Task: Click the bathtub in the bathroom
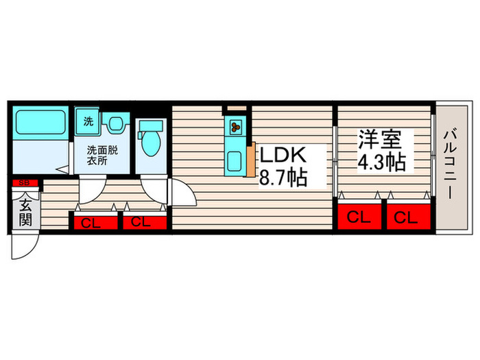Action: (x=40, y=124)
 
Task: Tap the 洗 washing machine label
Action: (x=87, y=122)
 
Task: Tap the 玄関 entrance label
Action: (x=25, y=211)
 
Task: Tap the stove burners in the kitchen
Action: (x=235, y=126)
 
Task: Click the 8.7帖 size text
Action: (x=282, y=179)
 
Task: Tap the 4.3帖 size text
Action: (x=381, y=163)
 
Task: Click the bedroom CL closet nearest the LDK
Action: (x=358, y=218)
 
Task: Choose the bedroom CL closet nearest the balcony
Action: (x=406, y=218)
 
